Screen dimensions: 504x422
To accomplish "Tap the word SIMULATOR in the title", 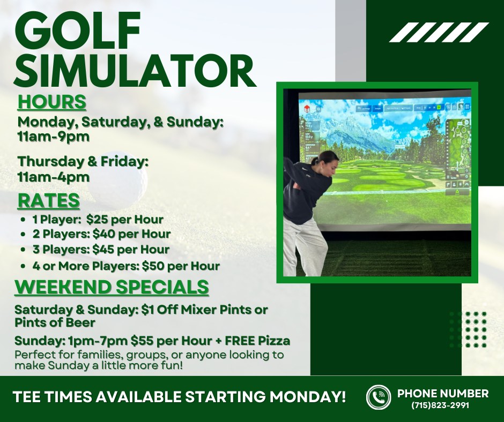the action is pyautogui.click(x=135, y=71).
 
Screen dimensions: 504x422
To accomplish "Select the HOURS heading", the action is pyautogui.click(x=52, y=102).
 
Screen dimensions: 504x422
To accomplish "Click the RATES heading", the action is pyautogui.click(x=49, y=200).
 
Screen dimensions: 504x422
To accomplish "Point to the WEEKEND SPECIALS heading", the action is pyautogui.click(x=112, y=287).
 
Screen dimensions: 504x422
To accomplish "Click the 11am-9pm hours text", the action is pyautogui.click(x=54, y=137).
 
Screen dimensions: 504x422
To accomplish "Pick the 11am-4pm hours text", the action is pyautogui.click(x=54, y=177).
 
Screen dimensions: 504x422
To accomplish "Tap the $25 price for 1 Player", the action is pyautogui.click(x=98, y=220).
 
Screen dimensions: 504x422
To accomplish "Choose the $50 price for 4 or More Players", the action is pyautogui.click(x=153, y=266).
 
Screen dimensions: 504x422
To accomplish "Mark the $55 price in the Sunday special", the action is pyautogui.click(x=142, y=341).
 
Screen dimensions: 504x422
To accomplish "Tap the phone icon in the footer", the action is pyautogui.click(x=379, y=397).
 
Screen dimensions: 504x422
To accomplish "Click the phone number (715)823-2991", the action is pyautogui.click(x=441, y=405).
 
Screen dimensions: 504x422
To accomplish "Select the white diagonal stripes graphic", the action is pyautogui.click(x=439, y=33).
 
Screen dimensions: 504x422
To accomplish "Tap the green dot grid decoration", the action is pyautogui.click(x=468, y=329).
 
